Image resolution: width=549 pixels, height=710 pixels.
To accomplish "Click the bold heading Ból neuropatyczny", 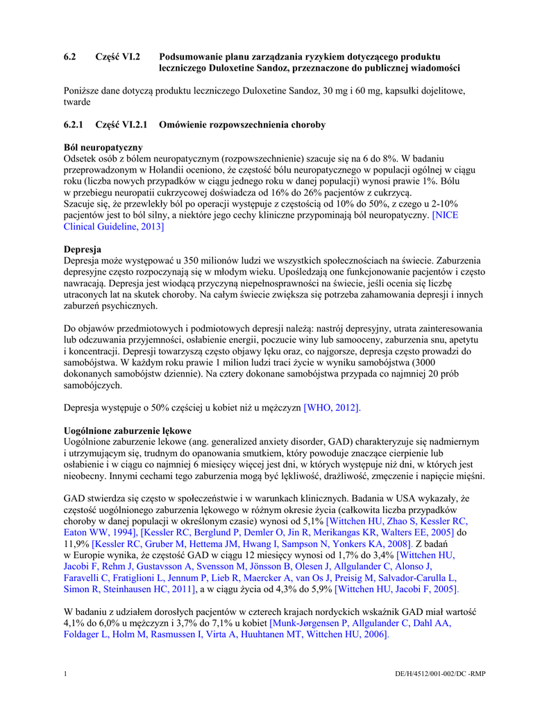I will (x=103, y=148).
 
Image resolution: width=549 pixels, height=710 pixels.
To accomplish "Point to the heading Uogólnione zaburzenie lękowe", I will (x=127, y=431).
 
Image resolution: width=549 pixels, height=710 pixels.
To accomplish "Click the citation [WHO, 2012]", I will (x=332, y=408).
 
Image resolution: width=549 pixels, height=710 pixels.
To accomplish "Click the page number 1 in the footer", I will (x=65, y=675).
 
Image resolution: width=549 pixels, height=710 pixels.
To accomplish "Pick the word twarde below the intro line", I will (x=77, y=102).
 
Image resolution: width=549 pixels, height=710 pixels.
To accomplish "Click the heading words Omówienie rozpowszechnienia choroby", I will (x=242, y=125).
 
